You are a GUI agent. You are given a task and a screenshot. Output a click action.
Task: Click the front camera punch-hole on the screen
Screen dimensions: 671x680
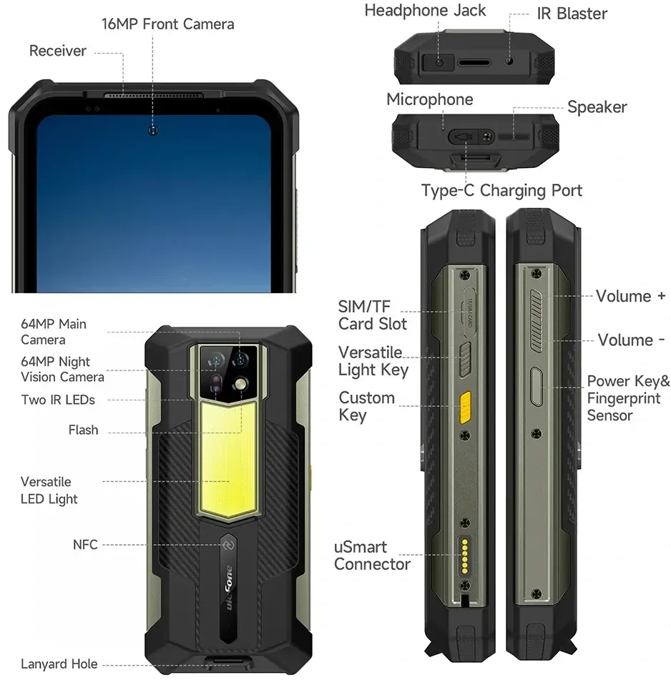pyautogui.click(x=152, y=130)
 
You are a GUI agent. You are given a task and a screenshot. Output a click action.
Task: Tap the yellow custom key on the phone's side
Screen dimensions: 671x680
pyautogui.click(x=465, y=408)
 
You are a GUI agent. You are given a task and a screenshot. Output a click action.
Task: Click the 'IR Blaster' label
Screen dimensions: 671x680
pyautogui.click(x=572, y=14)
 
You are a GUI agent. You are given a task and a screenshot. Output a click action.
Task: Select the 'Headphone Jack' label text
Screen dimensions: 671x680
pyautogui.click(x=425, y=11)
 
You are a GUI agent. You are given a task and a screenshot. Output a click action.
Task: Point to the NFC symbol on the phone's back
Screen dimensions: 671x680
pyautogui.click(x=228, y=545)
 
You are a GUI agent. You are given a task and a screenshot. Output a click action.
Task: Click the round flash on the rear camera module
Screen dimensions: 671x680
pyautogui.click(x=240, y=384)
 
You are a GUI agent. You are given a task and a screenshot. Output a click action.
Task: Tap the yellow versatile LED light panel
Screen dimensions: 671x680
pyautogui.click(x=227, y=460)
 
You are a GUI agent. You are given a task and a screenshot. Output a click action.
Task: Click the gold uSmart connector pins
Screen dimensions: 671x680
pyautogui.click(x=465, y=556)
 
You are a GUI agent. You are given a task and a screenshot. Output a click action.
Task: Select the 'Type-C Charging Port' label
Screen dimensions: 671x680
pyautogui.click(x=502, y=190)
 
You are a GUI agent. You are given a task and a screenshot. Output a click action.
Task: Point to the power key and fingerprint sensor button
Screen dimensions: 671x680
pyautogui.click(x=537, y=386)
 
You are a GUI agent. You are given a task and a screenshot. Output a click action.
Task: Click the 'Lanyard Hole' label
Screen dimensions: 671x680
pyautogui.click(x=59, y=664)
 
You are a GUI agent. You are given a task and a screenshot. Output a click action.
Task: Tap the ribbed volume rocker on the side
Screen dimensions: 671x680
pyautogui.click(x=537, y=320)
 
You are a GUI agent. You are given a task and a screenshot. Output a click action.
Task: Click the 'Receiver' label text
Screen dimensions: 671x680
pyautogui.click(x=58, y=51)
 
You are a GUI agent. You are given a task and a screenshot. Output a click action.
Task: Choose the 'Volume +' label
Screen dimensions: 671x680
pyautogui.click(x=631, y=296)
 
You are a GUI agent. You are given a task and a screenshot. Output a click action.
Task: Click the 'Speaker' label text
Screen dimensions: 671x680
pyautogui.click(x=597, y=107)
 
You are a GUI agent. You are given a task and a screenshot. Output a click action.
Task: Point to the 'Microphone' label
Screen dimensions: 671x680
pyautogui.click(x=429, y=99)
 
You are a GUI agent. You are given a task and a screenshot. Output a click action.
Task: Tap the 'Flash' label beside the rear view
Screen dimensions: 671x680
pyautogui.click(x=83, y=430)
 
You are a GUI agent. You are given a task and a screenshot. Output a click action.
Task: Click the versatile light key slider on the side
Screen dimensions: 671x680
pyautogui.click(x=465, y=360)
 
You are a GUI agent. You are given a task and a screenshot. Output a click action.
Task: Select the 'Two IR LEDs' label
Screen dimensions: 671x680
pyautogui.click(x=58, y=400)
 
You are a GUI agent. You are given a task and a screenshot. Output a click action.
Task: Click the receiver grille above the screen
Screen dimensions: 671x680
pyautogui.click(x=153, y=95)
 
